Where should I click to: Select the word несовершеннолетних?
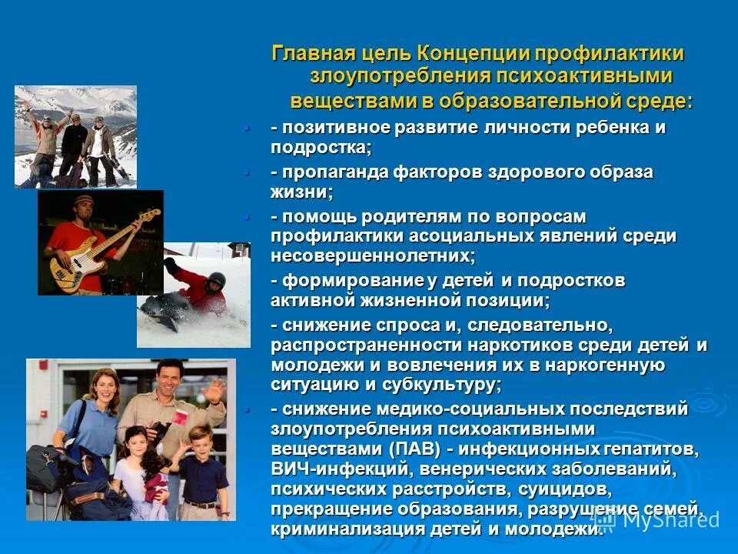[373, 255]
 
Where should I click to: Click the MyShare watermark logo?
[661, 519]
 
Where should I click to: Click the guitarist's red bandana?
[81, 202]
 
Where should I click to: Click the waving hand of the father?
[216, 389]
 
